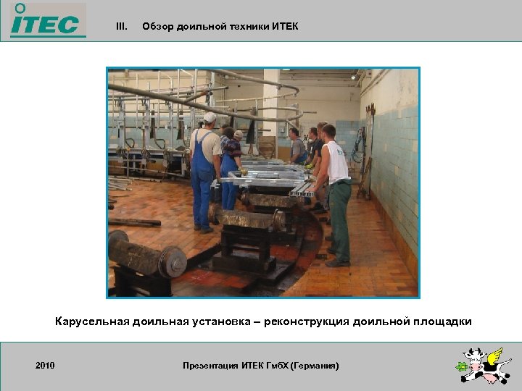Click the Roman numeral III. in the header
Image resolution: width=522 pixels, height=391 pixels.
(x=122, y=27)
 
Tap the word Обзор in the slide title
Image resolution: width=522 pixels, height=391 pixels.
(x=157, y=27)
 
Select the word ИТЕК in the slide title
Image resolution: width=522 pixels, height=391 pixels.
(x=285, y=27)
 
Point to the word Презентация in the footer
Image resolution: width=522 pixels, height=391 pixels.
(x=211, y=366)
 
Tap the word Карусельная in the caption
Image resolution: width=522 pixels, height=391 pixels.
(x=92, y=321)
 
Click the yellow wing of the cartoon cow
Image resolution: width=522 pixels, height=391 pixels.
(x=495, y=356)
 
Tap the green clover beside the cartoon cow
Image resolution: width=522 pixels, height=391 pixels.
(x=460, y=367)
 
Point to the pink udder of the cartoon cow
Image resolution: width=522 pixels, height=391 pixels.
(x=490, y=379)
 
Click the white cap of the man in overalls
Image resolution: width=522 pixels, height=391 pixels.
(x=210, y=117)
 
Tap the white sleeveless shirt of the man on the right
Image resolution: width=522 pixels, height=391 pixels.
(x=336, y=161)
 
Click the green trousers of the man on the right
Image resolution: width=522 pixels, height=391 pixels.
(x=339, y=217)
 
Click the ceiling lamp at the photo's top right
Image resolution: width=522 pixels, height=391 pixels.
(x=353, y=75)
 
